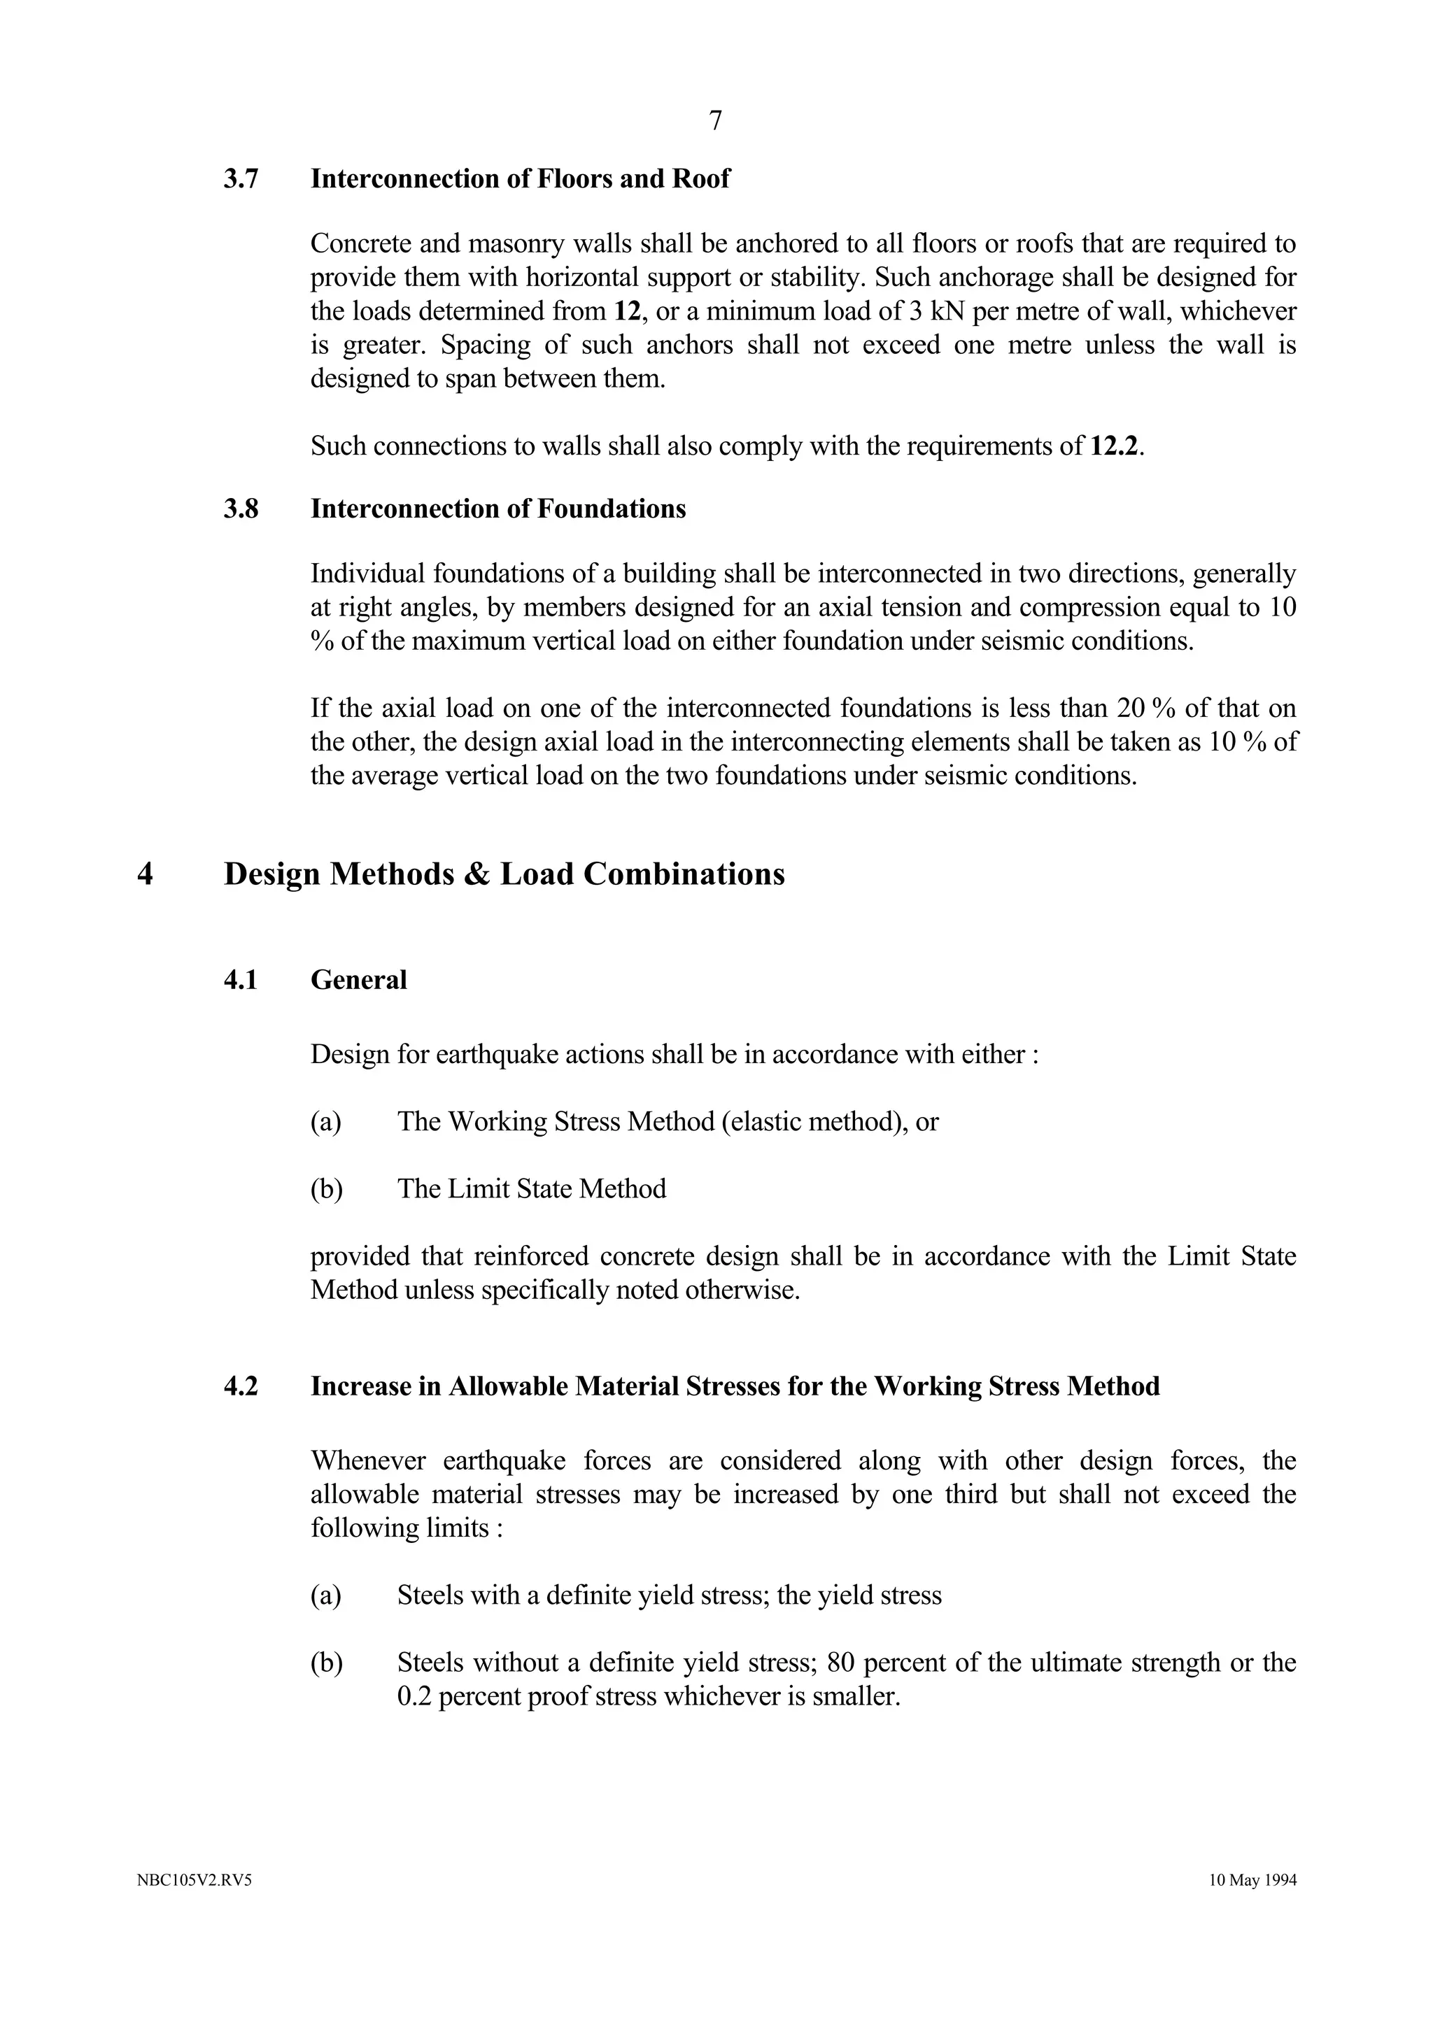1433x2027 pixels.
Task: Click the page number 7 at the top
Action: tap(715, 121)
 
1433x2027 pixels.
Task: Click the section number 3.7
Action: tap(241, 179)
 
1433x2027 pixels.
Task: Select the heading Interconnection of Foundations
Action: tap(498, 509)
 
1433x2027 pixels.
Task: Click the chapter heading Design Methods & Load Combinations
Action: tap(504, 874)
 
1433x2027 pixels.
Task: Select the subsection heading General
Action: tap(358, 980)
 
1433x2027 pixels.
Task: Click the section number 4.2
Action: tap(241, 1387)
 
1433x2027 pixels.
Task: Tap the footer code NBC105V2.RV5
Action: tap(195, 1905)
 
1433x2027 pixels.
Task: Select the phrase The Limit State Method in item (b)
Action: tap(532, 1189)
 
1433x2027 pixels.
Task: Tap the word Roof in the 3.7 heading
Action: tap(701, 179)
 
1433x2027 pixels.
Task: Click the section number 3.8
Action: tap(241, 509)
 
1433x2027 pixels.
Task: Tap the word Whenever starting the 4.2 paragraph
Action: tap(367, 1461)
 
